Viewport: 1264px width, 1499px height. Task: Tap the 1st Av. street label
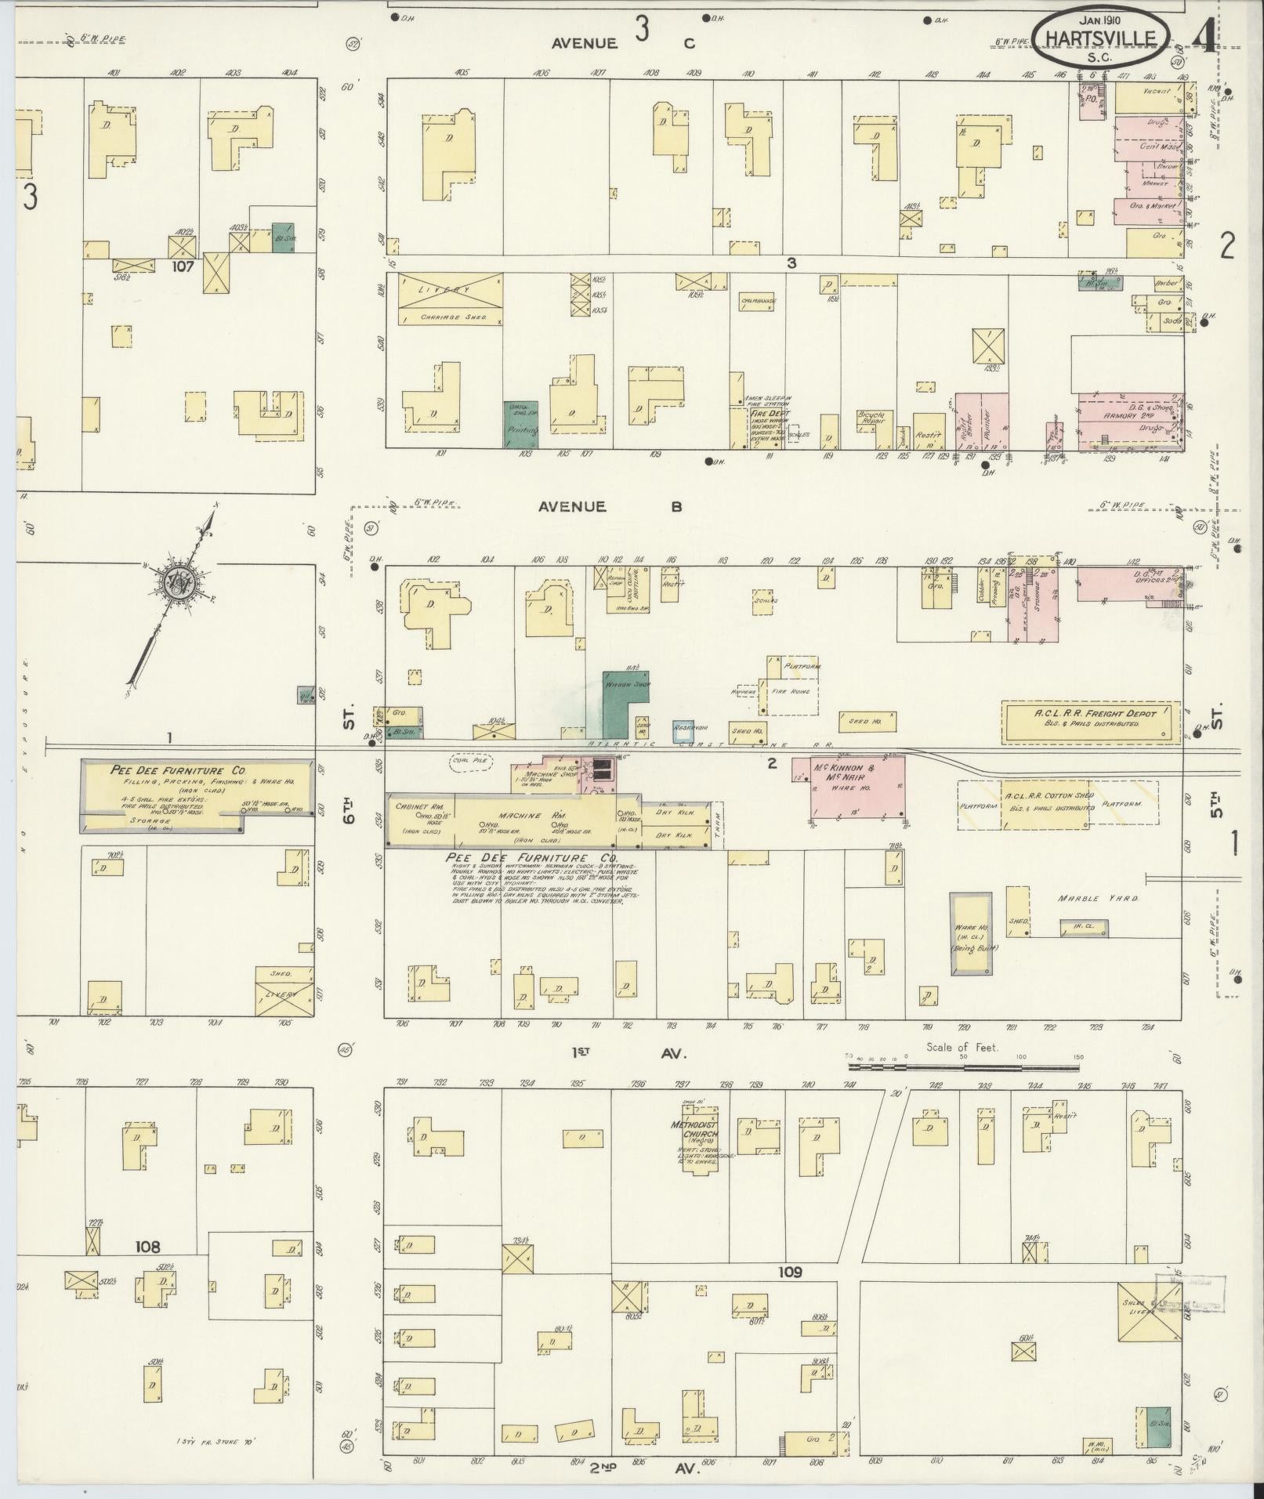[627, 1054]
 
